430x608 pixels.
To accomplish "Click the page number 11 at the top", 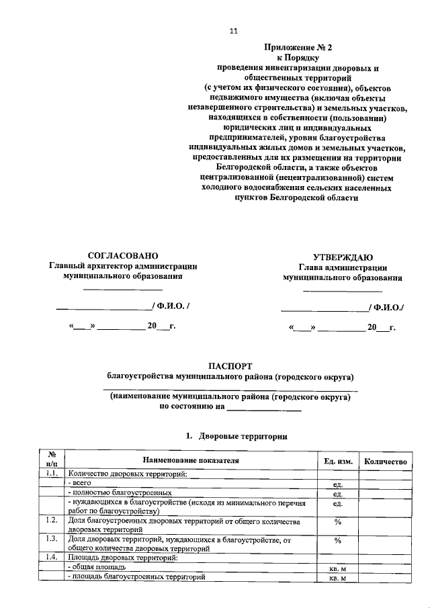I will (x=234, y=31).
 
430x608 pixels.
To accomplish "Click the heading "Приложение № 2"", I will (x=298, y=48).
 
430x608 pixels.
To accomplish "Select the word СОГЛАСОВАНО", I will (x=123, y=255).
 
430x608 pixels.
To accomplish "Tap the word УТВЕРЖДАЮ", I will (x=343, y=257).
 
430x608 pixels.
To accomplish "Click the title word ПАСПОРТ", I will (x=230, y=365).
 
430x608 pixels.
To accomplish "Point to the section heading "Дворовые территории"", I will (x=239, y=436).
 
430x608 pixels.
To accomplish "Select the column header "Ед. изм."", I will (x=338, y=462).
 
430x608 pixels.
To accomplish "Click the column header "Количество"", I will (x=385, y=462).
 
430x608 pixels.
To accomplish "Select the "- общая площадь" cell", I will (x=97, y=568).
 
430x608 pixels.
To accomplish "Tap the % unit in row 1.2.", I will (x=338, y=522).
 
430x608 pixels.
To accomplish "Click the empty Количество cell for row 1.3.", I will (x=385, y=543).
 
